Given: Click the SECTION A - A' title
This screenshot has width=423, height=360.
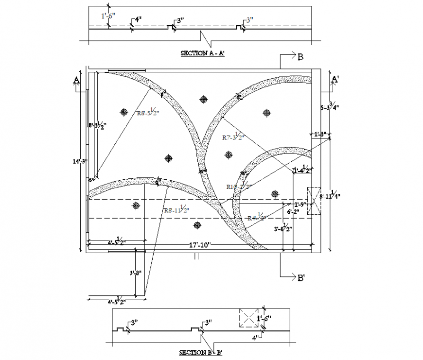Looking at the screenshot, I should tap(202, 53).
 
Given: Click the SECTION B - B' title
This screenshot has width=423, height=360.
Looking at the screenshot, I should tap(201, 353).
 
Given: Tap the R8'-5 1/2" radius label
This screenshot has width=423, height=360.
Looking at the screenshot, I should tap(148, 113).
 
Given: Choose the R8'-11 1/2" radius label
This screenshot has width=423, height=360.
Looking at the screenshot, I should tap(176, 210).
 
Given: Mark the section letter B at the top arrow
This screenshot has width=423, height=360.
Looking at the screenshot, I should tap(300, 57).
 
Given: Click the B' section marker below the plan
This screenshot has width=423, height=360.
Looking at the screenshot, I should tap(301, 278).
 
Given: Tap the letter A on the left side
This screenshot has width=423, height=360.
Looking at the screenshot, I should tap(76, 80).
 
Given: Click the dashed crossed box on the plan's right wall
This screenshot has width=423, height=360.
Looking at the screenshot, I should tap(314, 201).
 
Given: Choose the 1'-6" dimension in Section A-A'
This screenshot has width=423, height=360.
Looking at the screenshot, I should tap(107, 16).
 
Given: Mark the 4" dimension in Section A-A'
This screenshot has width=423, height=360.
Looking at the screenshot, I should tap(138, 20).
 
